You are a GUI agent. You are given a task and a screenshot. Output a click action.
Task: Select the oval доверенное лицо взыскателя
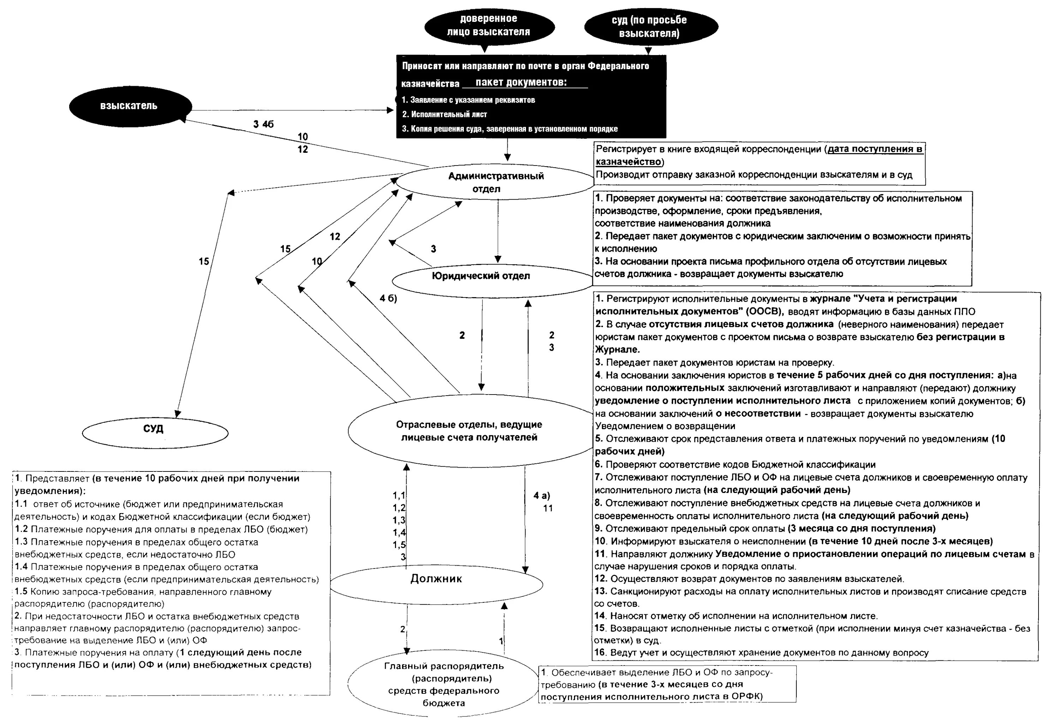(x=489, y=25)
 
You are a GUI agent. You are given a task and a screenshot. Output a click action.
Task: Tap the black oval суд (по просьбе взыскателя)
(x=650, y=26)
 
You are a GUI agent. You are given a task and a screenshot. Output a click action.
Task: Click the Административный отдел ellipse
(x=495, y=182)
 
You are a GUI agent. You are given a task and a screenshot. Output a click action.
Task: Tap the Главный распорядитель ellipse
(x=443, y=685)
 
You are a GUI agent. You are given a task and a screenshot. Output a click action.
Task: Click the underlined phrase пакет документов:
(x=521, y=83)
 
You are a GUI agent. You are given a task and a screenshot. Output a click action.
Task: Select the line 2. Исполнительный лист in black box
(x=444, y=114)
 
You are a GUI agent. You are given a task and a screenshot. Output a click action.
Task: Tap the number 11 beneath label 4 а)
(x=548, y=508)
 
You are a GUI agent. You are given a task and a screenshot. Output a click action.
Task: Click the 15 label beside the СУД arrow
(x=204, y=261)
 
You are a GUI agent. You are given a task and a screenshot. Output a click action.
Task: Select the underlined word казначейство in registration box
(x=628, y=162)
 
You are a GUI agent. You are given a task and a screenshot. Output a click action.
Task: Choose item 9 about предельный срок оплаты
(x=765, y=529)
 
